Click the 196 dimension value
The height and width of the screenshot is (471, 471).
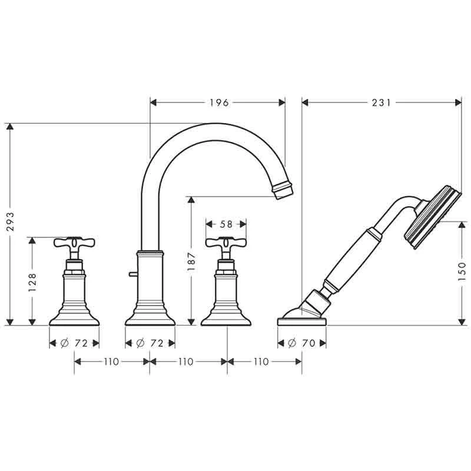point(218,102)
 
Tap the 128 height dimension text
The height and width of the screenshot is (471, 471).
point(32,281)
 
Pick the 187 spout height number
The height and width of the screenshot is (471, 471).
point(190,261)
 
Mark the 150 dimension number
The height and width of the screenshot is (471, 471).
point(462,273)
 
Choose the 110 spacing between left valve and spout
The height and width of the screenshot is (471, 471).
point(111,361)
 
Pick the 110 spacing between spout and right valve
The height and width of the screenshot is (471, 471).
point(187,361)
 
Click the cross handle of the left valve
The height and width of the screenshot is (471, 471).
point(74,242)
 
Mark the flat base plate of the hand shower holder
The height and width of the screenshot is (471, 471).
point(301,321)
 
